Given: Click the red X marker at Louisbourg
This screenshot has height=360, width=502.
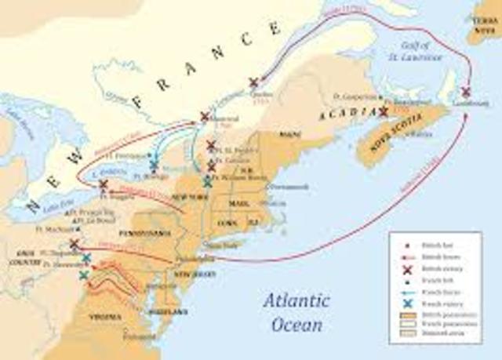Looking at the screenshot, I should [466, 92].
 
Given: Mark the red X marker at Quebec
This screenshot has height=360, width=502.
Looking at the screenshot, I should [253, 82].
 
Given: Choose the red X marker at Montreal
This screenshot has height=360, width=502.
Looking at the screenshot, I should [205, 116].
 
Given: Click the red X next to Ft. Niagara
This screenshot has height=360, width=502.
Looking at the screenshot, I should [103, 185].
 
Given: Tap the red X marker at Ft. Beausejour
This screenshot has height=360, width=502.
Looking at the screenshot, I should [383, 112].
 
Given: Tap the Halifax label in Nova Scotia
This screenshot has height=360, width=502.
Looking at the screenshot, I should [419, 133].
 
